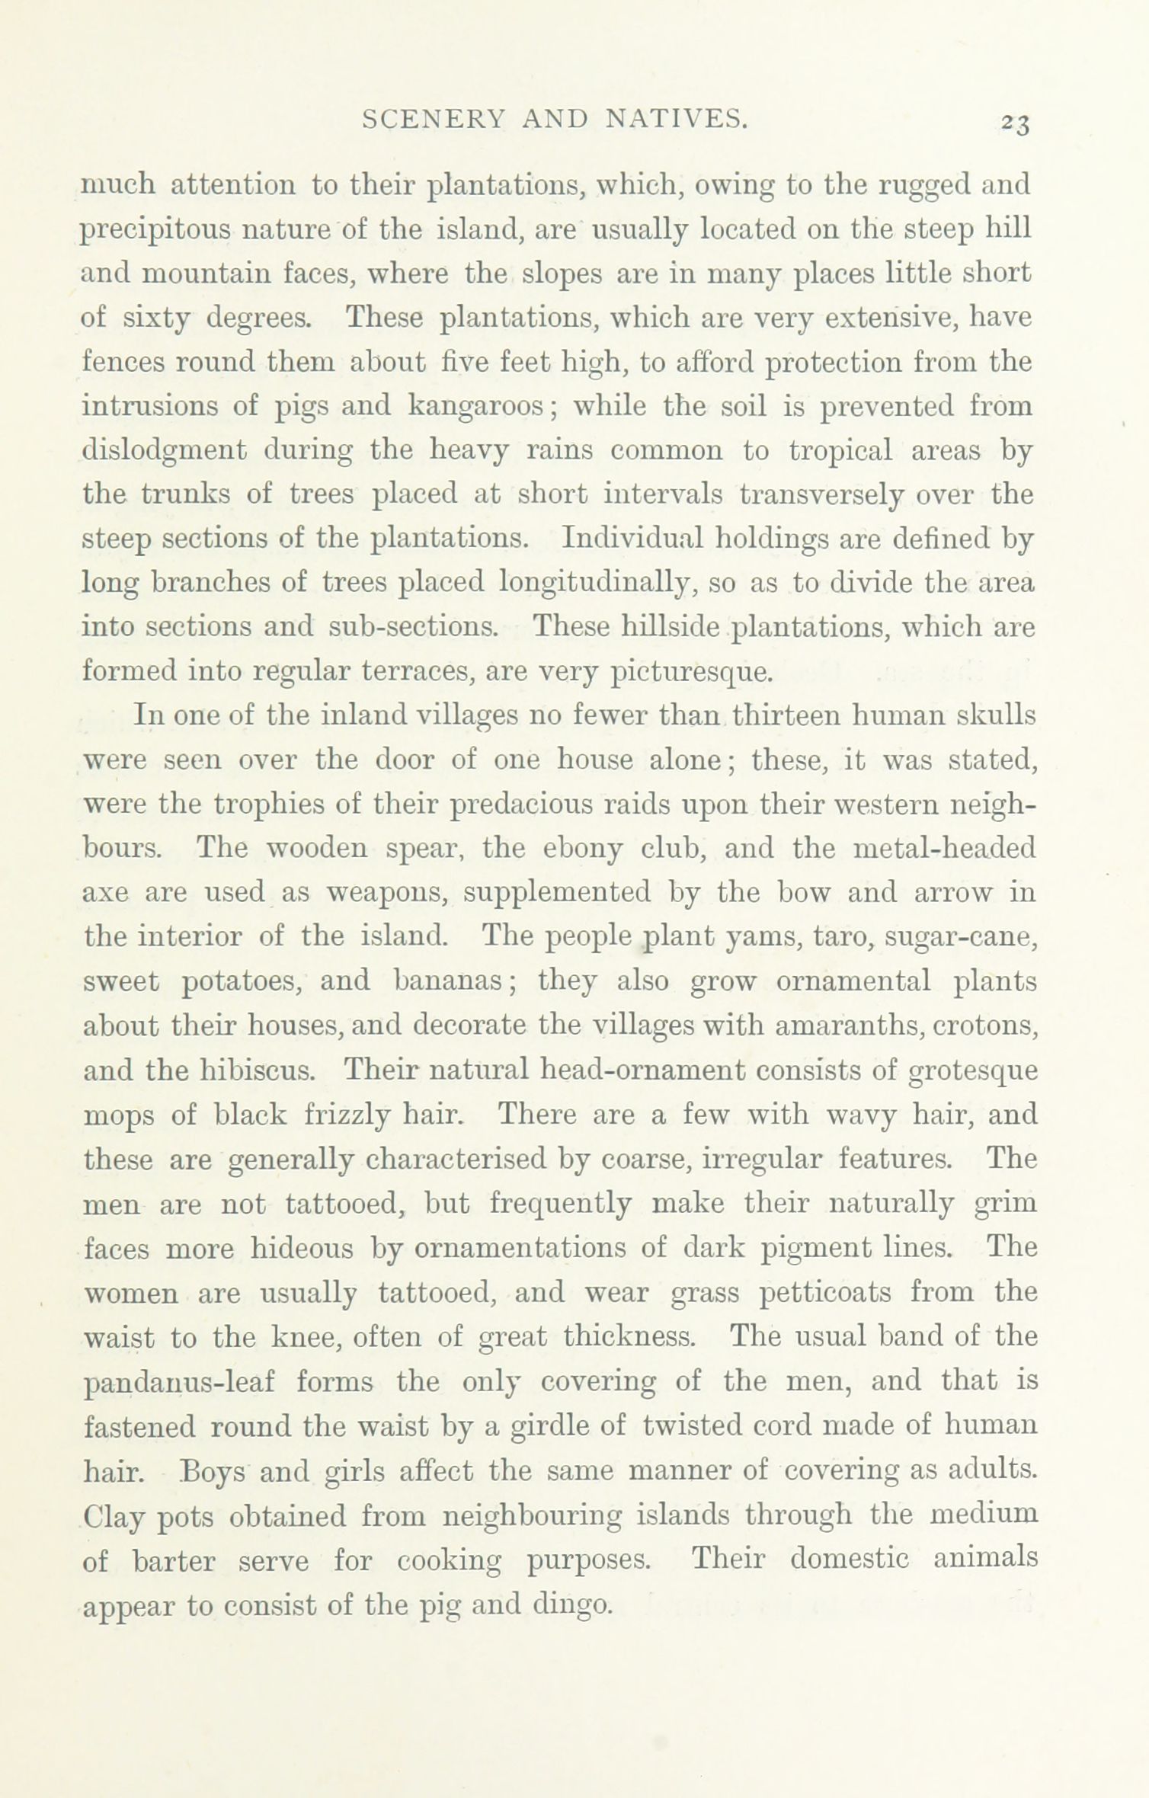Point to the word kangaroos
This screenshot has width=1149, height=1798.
pyautogui.click(x=476, y=405)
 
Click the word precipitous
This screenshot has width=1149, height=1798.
pyautogui.click(x=155, y=229)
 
